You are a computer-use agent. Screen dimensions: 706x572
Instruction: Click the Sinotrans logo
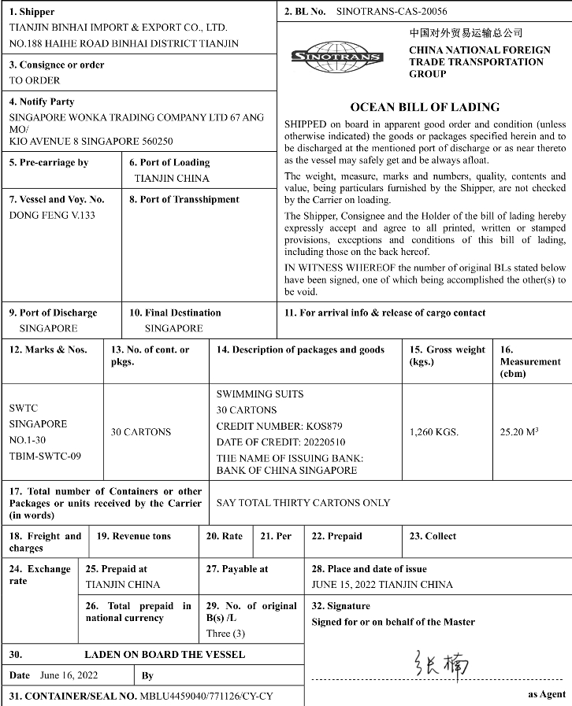click(337, 55)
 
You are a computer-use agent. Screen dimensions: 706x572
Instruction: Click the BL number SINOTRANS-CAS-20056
click(391, 13)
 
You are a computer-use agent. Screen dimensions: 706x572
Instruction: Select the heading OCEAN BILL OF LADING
click(425, 107)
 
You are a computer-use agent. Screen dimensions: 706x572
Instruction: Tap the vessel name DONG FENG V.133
click(52, 215)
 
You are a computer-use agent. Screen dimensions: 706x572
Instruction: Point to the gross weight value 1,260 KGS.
click(434, 431)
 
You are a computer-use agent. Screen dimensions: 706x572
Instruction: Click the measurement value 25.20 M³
click(519, 431)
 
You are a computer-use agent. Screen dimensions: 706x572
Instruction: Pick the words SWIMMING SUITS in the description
click(260, 394)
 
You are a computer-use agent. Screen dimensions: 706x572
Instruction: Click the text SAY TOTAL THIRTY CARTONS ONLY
click(303, 503)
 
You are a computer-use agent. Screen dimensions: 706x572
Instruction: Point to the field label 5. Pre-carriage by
click(49, 163)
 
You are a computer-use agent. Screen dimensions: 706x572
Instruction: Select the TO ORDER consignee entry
click(35, 80)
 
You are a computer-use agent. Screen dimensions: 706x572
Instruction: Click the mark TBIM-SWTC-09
click(45, 456)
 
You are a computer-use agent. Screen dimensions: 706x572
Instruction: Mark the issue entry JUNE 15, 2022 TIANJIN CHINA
click(382, 584)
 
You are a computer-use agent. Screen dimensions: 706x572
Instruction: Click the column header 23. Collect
click(433, 536)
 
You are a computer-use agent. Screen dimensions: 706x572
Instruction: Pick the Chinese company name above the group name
click(466, 34)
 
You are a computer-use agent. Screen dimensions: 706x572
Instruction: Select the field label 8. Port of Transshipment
click(184, 199)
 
